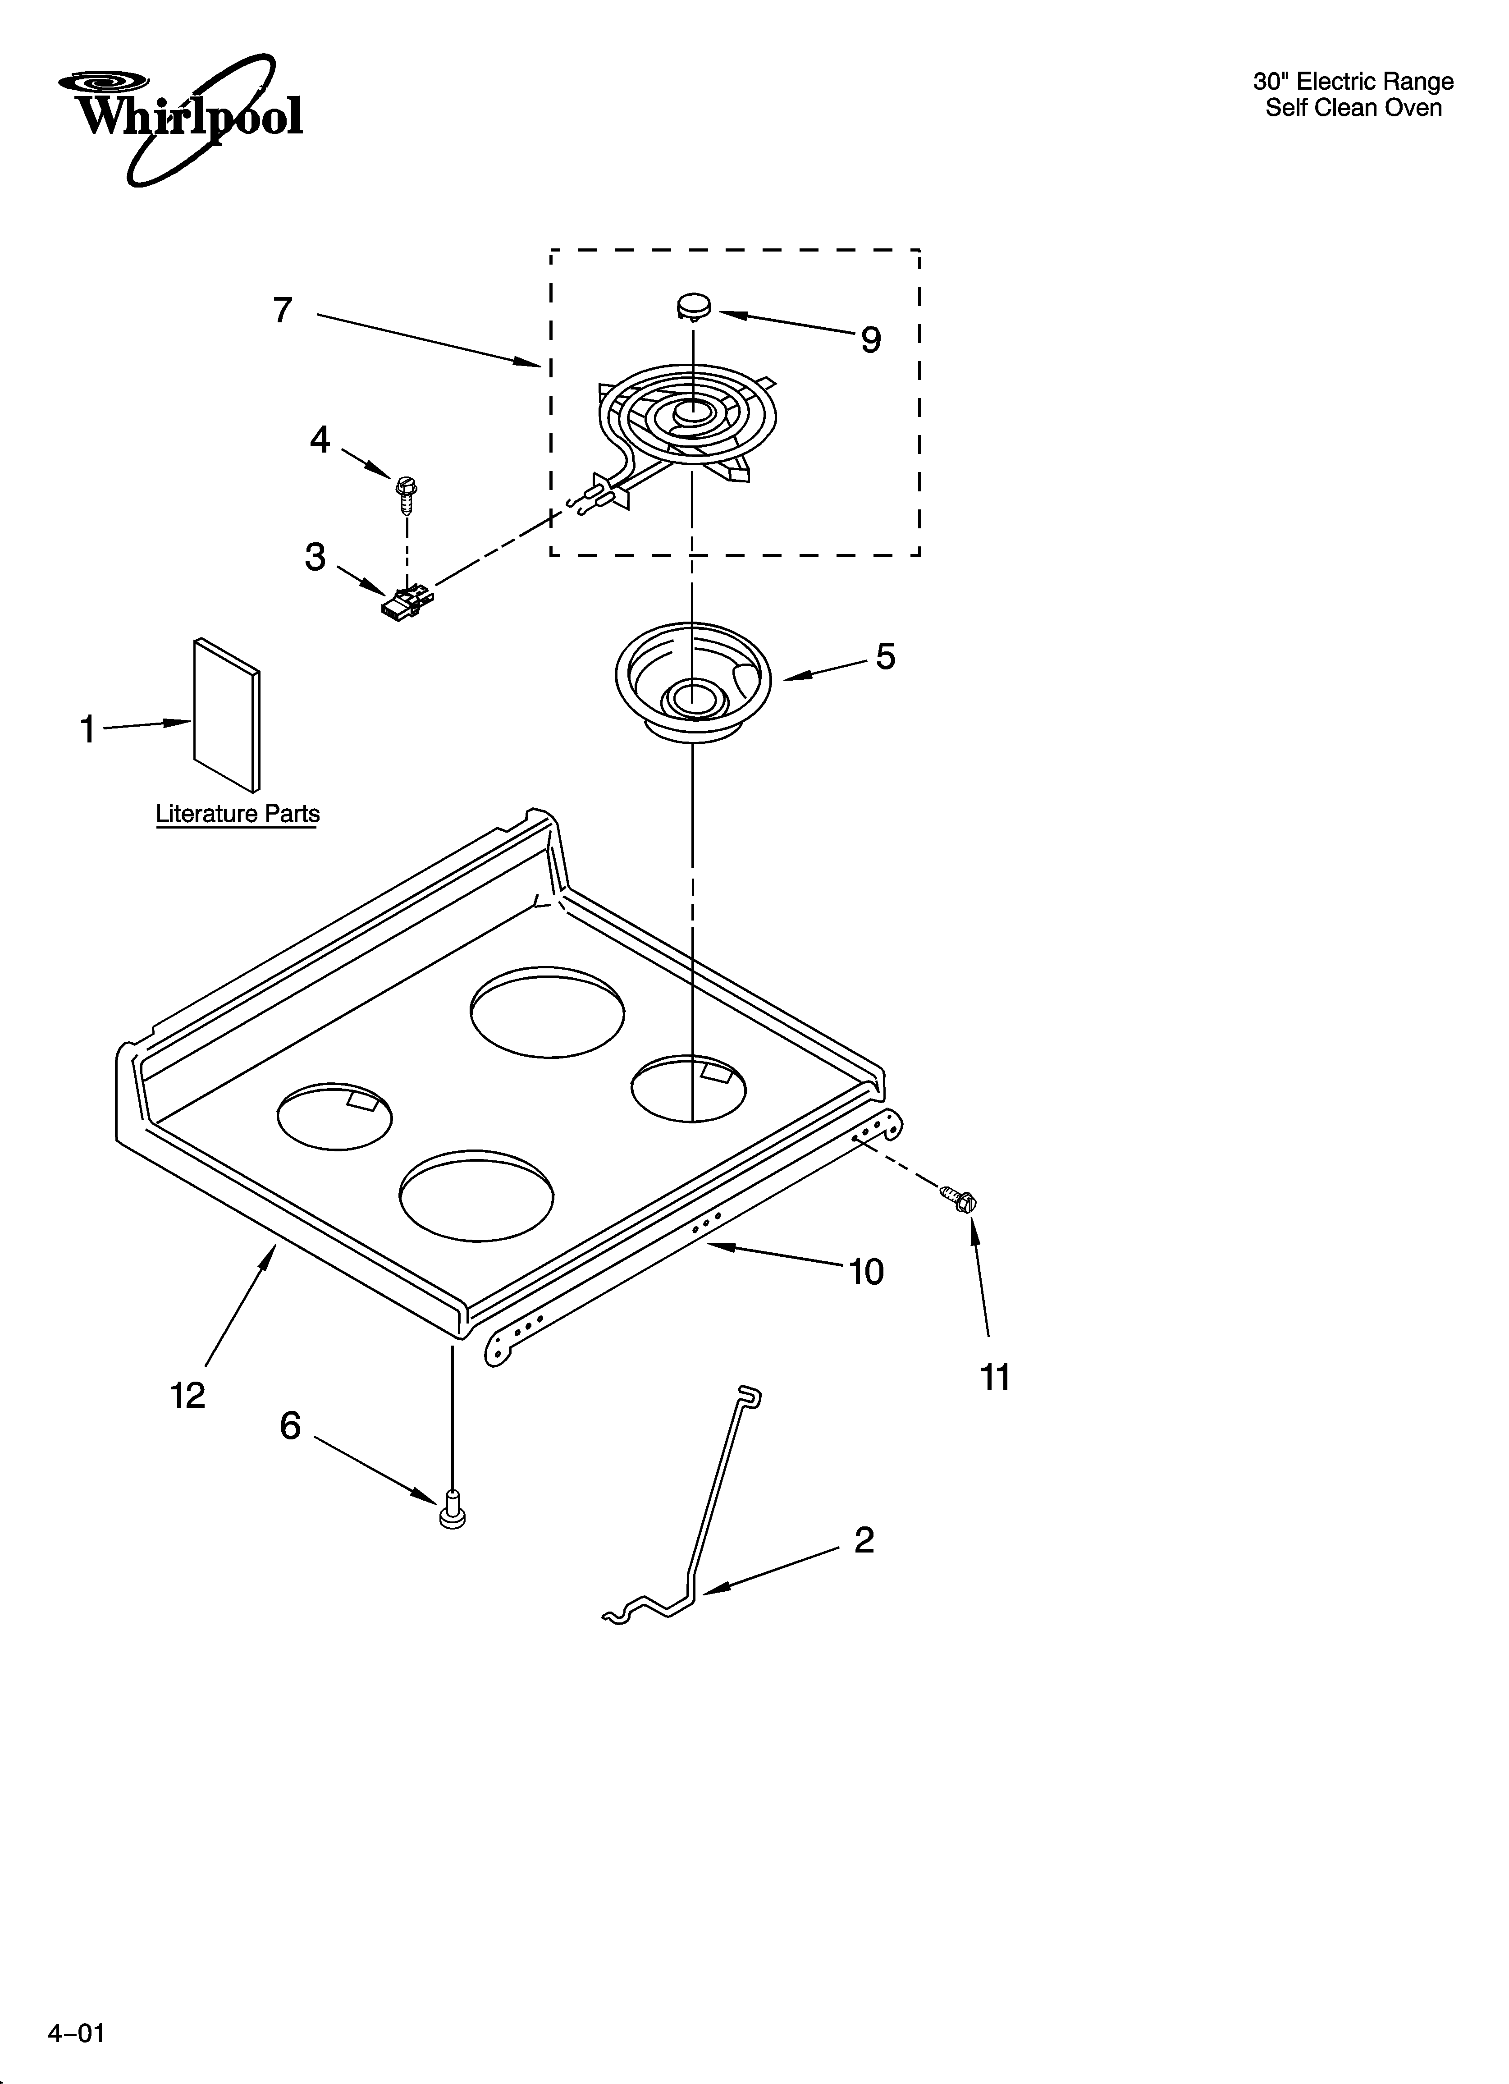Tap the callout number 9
click(870, 341)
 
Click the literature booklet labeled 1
click(226, 714)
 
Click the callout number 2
click(864, 1540)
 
